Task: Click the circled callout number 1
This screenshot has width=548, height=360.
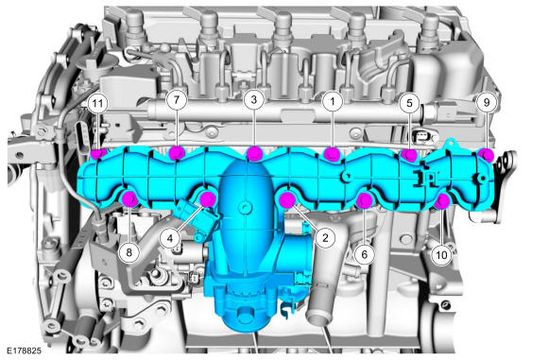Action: [x=332, y=101]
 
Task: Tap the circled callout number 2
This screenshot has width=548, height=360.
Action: [x=325, y=238]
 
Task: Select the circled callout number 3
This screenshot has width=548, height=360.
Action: [x=254, y=99]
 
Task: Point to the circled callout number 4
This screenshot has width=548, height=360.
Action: [x=170, y=238]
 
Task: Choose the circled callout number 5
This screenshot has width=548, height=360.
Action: [x=409, y=103]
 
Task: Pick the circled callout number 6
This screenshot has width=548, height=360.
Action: [x=364, y=254]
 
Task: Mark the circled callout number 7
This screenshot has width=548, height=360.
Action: [x=177, y=99]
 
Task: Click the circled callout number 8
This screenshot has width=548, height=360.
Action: [x=128, y=252]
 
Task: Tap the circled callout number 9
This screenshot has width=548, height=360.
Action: [x=487, y=102]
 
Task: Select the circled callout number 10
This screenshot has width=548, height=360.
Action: [x=441, y=255]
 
